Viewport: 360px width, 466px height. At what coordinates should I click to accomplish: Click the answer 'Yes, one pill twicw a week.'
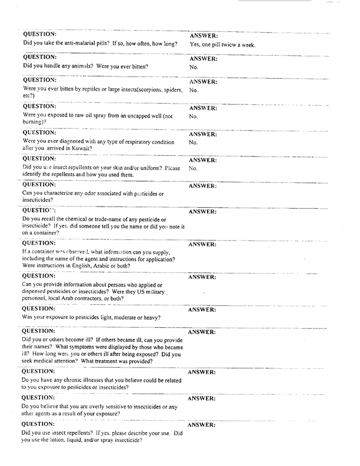pos(222,45)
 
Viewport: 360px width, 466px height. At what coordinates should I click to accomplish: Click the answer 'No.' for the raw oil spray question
pos(194,116)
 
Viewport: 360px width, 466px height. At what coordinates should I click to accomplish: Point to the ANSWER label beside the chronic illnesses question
pos(202,372)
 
